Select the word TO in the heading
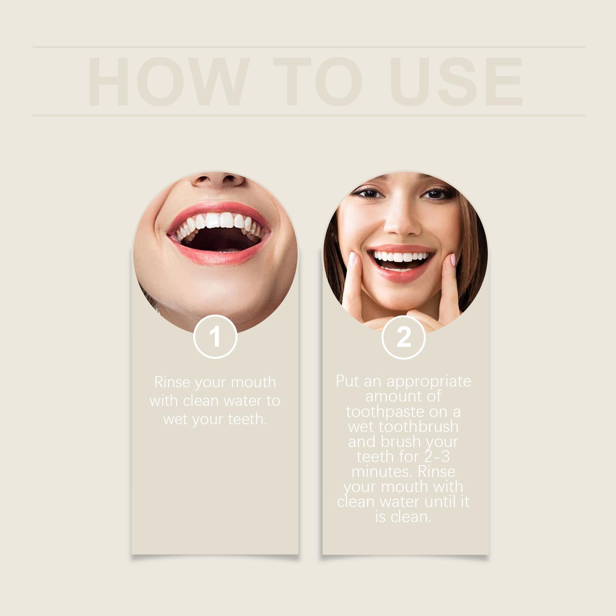click(x=318, y=82)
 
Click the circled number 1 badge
click(x=215, y=337)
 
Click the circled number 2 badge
click(x=403, y=337)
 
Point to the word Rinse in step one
click(x=172, y=382)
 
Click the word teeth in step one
click(x=247, y=419)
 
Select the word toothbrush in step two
click(x=418, y=427)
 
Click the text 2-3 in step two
click(x=437, y=457)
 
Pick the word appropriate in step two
click(x=429, y=381)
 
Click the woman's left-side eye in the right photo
click(x=369, y=193)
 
